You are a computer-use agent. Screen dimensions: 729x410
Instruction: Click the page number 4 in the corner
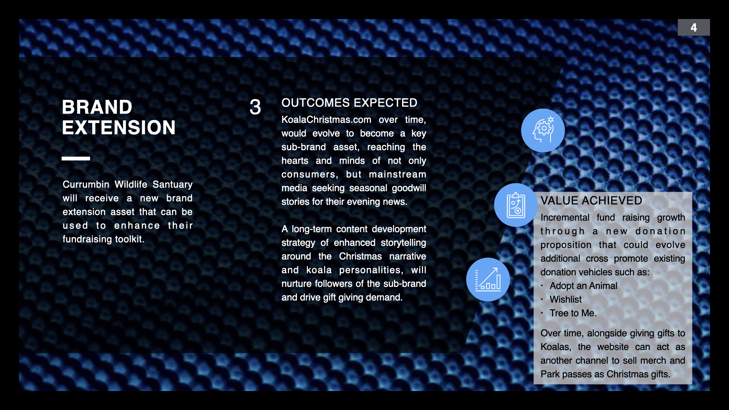click(694, 27)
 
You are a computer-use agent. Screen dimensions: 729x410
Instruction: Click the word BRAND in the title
click(97, 107)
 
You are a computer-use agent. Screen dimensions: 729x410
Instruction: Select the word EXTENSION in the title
click(119, 128)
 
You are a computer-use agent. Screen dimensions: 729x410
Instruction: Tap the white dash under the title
click(76, 158)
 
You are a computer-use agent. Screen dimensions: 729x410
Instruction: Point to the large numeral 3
click(256, 107)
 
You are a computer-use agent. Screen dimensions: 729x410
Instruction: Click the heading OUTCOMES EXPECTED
click(349, 102)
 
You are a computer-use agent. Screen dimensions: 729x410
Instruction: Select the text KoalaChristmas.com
click(326, 120)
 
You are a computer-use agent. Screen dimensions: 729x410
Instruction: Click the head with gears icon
click(543, 130)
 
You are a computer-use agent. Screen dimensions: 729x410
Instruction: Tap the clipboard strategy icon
click(516, 205)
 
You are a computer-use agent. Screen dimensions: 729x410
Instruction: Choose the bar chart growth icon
click(488, 279)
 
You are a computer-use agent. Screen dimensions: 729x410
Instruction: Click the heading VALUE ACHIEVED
click(591, 200)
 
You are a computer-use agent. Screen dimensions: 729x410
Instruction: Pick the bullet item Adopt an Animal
click(583, 286)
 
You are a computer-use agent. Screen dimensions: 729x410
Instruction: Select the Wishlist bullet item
click(565, 300)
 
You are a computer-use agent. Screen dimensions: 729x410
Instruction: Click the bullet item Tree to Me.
click(573, 313)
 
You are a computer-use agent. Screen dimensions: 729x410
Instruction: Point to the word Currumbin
click(86, 184)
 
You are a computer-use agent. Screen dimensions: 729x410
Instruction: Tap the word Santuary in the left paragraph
click(172, 185)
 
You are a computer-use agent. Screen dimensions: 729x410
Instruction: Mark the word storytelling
click(403, 243)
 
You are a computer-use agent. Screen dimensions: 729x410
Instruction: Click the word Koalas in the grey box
click(556, 347)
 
